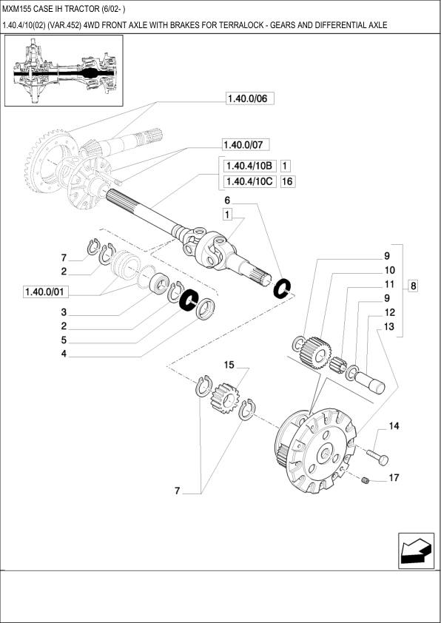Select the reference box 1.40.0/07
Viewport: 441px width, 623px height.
(x=247, y=144)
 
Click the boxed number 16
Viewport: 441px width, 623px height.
(x=288, y=183)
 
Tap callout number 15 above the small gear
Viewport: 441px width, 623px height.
(x=229, y=366)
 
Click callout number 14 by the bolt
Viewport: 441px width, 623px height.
(x=393, y=426)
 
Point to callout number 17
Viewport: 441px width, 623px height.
(x=393, y=478)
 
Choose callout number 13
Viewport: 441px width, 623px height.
(x=389, y=326)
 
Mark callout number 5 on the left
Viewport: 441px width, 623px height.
(x=64, y=340)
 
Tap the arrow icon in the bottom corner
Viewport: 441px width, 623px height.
(x=414, y=551)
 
